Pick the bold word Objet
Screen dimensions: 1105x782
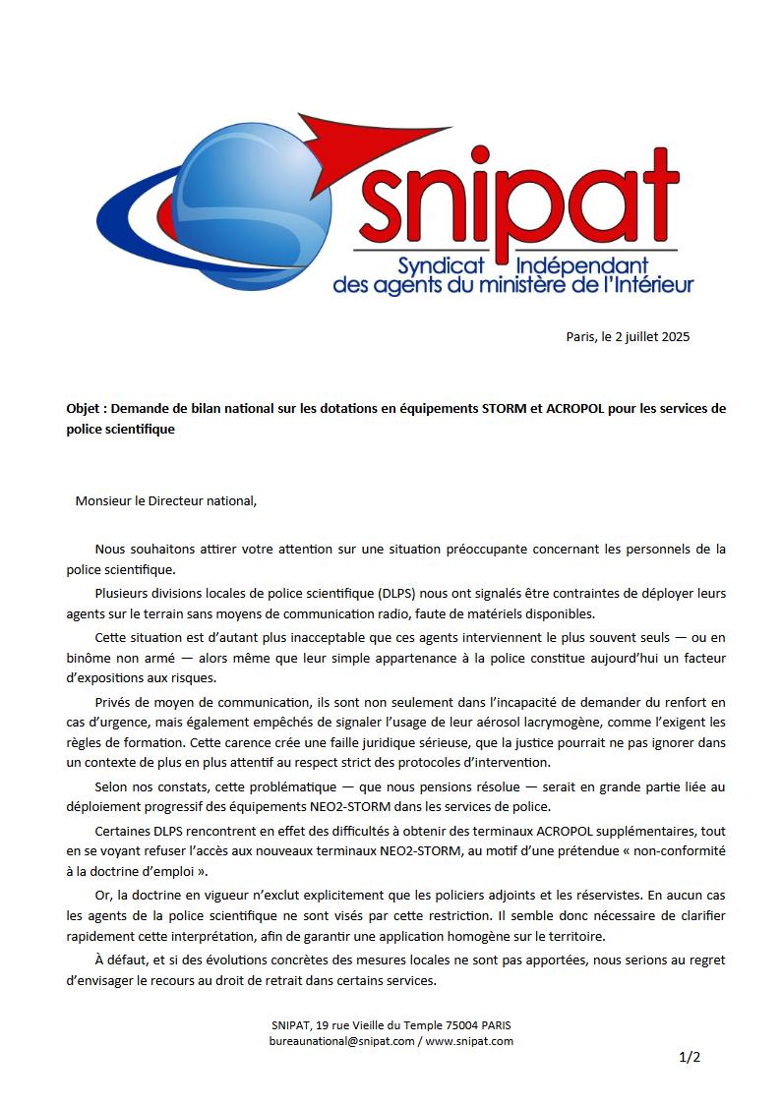86,408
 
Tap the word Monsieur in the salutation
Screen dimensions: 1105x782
103,499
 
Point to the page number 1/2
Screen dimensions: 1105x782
689,1058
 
